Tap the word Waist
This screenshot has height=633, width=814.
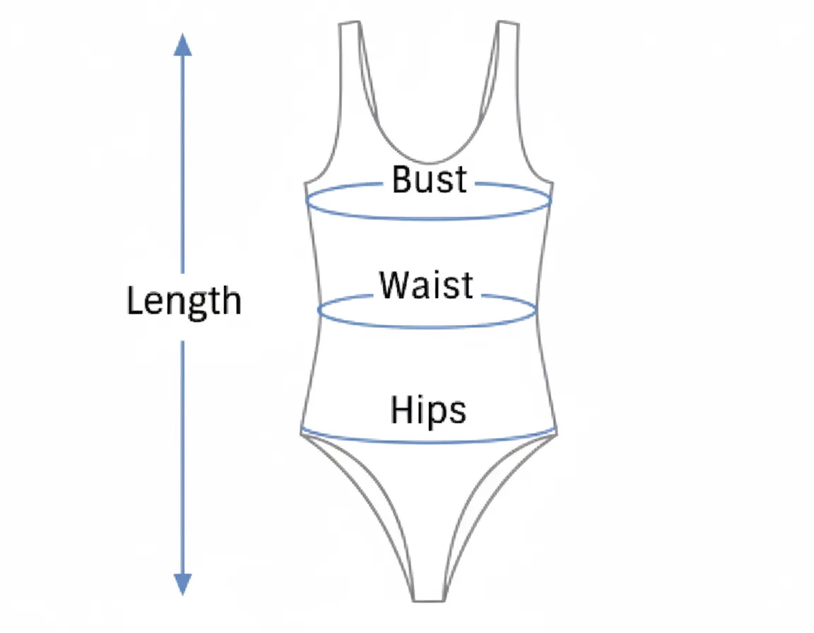(x=426, y=285)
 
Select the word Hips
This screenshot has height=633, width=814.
(x=428, y=410)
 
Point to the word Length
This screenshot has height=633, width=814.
(x=184, y=302)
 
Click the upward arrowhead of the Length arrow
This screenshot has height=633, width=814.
(x=183, y=44)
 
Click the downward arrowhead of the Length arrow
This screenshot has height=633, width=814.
(x=183, y=584)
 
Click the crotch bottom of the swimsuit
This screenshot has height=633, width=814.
(x=428, y=600)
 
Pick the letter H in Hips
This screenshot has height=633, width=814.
(x=401, y=410)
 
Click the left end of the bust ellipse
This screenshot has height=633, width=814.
(x=306, y=201)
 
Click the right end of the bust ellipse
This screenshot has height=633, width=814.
(x=551, y=201)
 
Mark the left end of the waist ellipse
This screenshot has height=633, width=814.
(x=319, y=310)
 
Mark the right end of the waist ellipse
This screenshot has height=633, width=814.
(x=537, y=310)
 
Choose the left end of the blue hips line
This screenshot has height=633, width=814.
(x=302, y=429)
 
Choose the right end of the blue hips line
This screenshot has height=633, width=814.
(x=555, y=429)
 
